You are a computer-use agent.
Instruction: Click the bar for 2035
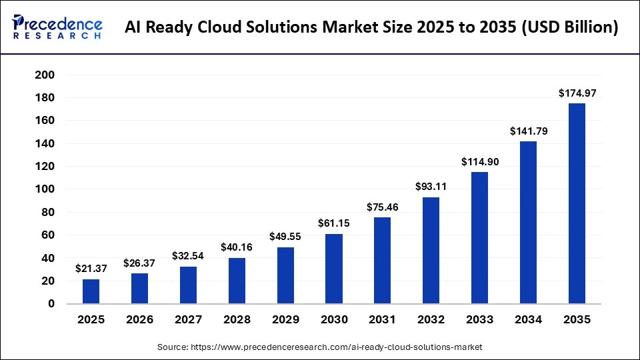pyautogui.click(x=577, y=203)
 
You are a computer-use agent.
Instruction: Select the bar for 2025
pyautogui.click(x=91, y=291)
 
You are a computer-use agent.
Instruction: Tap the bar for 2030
pyautogui.click(x=334, y=269)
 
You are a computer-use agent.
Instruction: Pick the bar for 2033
pyautogui.click(x=479, y=238)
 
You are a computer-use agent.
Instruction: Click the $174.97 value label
pyautogui.click(x=577, y=93)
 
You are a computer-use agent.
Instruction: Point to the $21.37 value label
pyautogui.click(x=91, y=269)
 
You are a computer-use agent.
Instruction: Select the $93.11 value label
pyautogui.click(x=431, y=187)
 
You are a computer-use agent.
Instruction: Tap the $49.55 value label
pyautogui.click(x=285, y=237)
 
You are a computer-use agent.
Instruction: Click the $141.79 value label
pyautogui.click(x=528, y=131)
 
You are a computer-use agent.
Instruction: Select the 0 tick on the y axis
pyautogui.click(x=51, y=304)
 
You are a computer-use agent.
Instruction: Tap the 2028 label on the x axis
pyautogui.click(x=237, y=320)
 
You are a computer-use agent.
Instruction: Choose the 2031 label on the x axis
pyautogui.click(x=383, y=320)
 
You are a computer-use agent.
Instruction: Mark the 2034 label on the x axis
pyautogui.click(x=528, y=320)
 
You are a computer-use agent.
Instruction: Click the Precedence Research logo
pyautogui.click(x=57, y=27)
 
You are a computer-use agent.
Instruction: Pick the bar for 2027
pyautogui.click(x=188, y=285)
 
